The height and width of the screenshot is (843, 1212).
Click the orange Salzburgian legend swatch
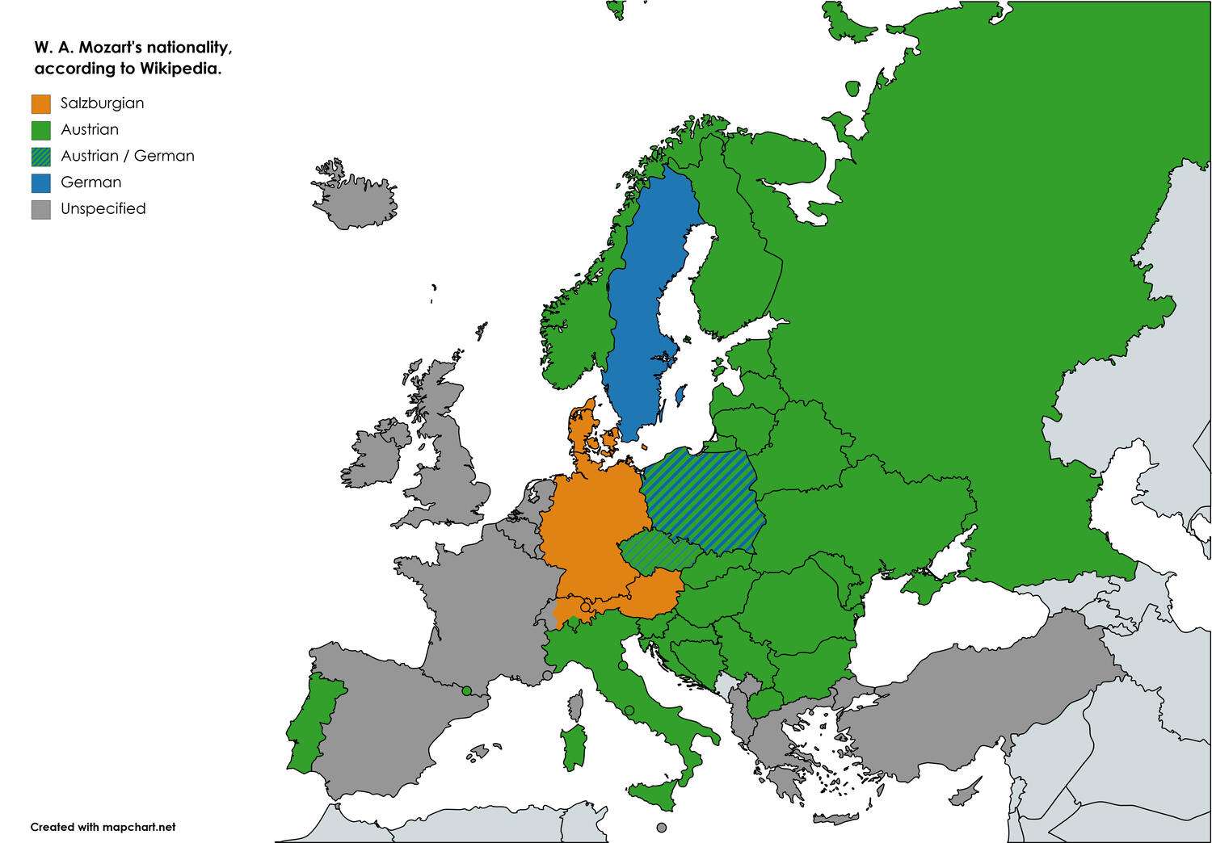point(41,103)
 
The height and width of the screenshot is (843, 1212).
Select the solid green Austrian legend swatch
point(41,130)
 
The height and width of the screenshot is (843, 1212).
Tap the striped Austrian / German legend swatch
point(41,157)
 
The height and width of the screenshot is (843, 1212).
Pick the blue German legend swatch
point(41,182)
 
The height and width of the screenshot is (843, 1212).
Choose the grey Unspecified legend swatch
point(41,209)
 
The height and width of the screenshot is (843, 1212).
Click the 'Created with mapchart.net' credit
point(103,827)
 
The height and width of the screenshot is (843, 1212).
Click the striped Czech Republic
point(659,553)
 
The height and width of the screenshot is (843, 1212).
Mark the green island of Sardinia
point(574,746)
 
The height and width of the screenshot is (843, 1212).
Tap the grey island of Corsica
point(576,706)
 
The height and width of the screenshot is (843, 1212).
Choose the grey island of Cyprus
point(963,798)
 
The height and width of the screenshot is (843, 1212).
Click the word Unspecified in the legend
point(103,209)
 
